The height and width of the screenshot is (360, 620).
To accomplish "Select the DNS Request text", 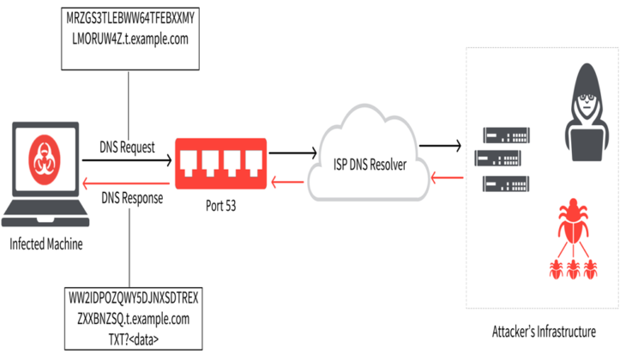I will point(128,147).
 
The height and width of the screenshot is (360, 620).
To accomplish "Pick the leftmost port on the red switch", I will point(191,160).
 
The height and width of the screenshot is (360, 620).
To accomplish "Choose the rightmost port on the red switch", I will point(253,160).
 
